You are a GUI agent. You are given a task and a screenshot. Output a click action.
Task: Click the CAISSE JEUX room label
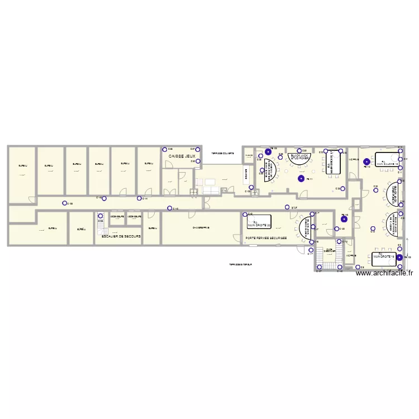tap(182, 156)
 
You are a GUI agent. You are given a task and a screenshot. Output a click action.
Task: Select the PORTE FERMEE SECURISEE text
tap(266, 238)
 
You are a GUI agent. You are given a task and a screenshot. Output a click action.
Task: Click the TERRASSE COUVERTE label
tap(221, 153)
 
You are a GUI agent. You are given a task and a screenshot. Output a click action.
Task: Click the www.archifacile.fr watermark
tap(384, 273)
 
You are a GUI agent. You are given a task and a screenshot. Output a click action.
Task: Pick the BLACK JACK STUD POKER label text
tap(301, 157)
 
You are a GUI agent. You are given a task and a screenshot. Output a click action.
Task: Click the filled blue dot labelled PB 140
tap(344, 218)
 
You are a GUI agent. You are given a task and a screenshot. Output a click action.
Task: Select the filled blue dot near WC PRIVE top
tap(366, 162)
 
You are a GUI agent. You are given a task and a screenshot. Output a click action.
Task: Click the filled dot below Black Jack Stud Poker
tap(302, 179)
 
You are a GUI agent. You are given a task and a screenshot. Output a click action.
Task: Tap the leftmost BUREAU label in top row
tap(22, 165)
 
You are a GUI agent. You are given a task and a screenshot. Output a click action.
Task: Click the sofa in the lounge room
tap(211, 190)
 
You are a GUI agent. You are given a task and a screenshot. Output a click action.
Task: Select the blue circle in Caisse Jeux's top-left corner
tap(165, 149)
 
